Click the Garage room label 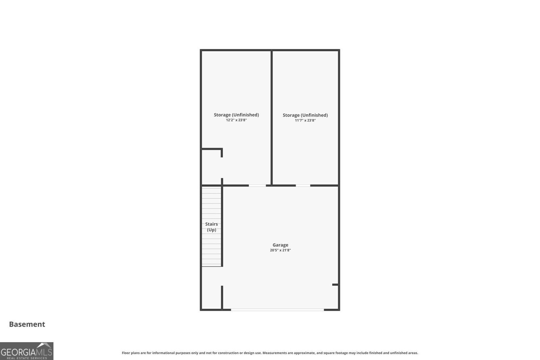pyautogui.click(x=280, y=245)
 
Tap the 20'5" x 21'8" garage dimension pyautogui.click(x=280, y=250)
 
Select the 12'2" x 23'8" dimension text pyautogui.click(x=236, y=120)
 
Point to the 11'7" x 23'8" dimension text pyautogui.click(x=305, y=120)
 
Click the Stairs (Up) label pyautogui.click(x=212, y=227)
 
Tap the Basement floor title pyautogui.click(x=27, y=324)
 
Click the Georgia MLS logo pyautogui.click(x=27, y=351)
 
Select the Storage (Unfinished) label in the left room pyautogui.click(x=236, y=115)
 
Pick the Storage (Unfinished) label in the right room pyautogui.click(x=305, y=115)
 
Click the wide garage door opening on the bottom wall pyautogui.click(x=277, y=310)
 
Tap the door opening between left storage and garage pyautogui.click(x=257, y=185)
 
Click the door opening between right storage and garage pyautogui.click(x=303, y=185)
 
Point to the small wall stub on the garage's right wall pyautogui.click(x=335, y=285)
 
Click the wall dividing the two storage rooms pyautogui.click(x=271, y=118)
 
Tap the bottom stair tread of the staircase pyautogui.click(x=211, y=264)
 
